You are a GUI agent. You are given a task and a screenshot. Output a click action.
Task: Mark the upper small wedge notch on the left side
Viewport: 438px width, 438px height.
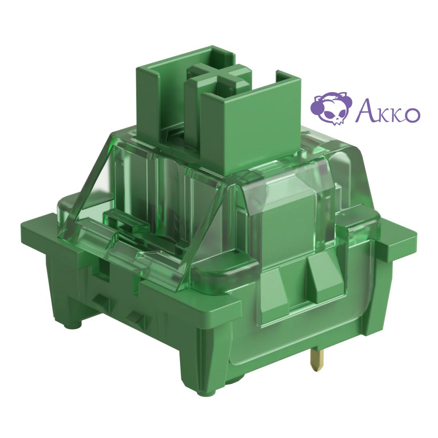point(102,300)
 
